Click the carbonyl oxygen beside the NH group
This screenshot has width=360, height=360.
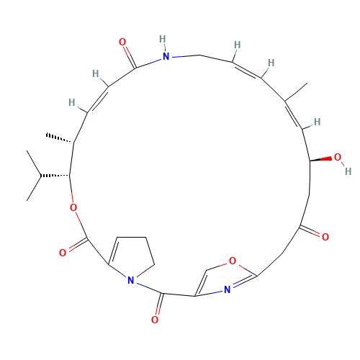(122, 42)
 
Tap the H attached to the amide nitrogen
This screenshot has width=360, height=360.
(163, 39)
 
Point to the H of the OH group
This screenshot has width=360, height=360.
(347, 171)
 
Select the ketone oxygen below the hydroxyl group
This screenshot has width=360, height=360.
(325, 237)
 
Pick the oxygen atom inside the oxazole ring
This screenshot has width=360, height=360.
(233, 261)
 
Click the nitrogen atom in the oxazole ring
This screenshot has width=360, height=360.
(226, 289)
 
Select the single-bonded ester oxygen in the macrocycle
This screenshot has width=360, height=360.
(73, 208)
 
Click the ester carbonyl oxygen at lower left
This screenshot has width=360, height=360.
(63, 253)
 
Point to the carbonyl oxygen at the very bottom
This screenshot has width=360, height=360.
(155, 320)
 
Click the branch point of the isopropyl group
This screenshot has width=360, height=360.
(41, 176)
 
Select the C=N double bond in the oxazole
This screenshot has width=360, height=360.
(242, 282)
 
